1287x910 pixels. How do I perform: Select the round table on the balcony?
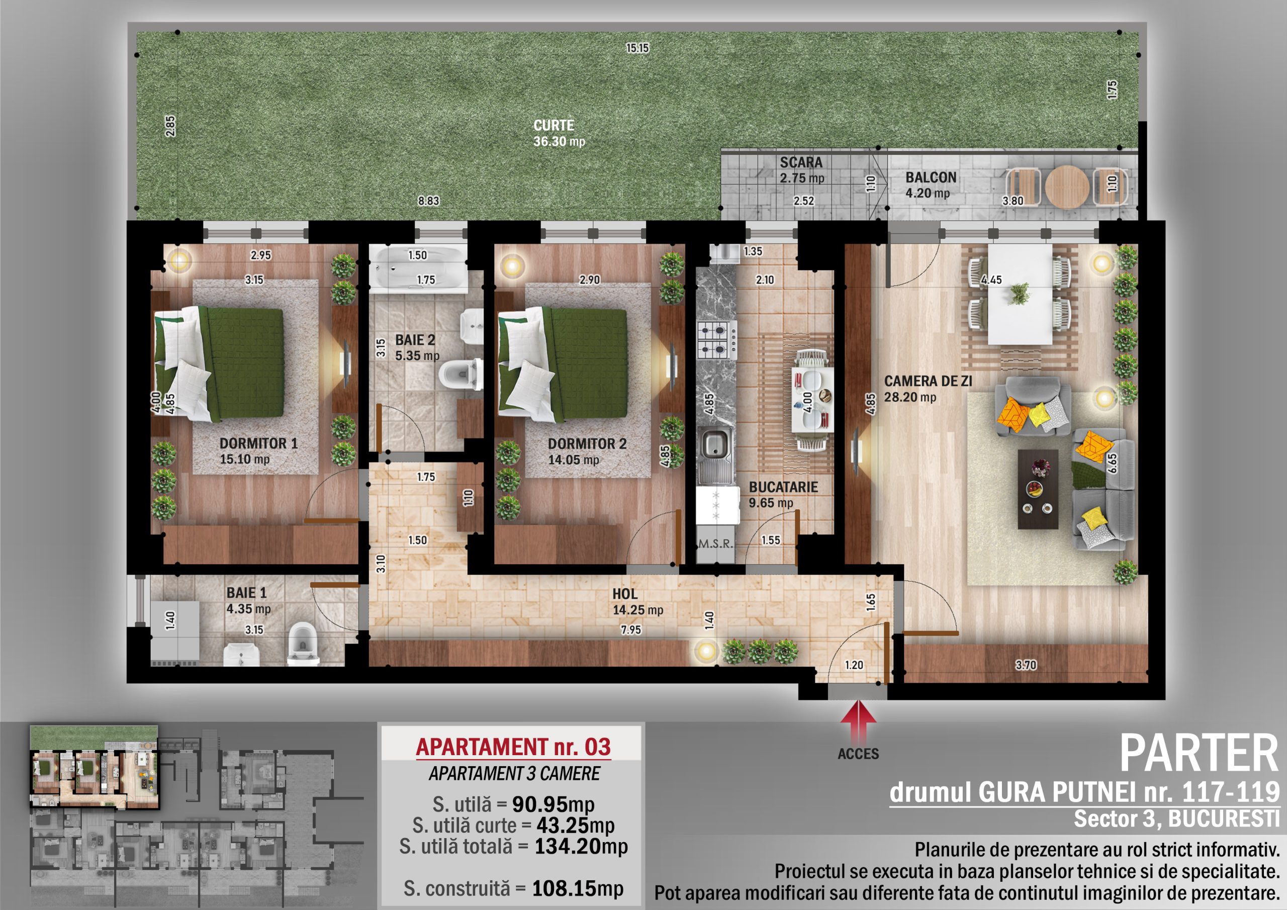pyautogui.click(x=1067, y=187)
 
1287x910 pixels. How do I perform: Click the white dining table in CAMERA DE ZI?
pyautogui.click(x=1020, y=294)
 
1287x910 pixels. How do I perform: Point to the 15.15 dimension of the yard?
pyautogui.click(x=637, y=48)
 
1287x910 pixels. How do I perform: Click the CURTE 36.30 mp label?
pyautogui.click(x=559, y=133)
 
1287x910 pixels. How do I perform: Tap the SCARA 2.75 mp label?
pyautogui.click(x=801, y=170)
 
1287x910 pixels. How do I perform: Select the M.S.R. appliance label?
pyautogui.click(x=716, y=543)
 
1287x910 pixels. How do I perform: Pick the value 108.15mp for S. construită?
pyautogui.click(x=577, y=888)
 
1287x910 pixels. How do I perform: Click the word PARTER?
pyautogui.click(x=1199, y=754)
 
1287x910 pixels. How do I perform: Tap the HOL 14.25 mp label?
pyautogui.click(x=637, y=602)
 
